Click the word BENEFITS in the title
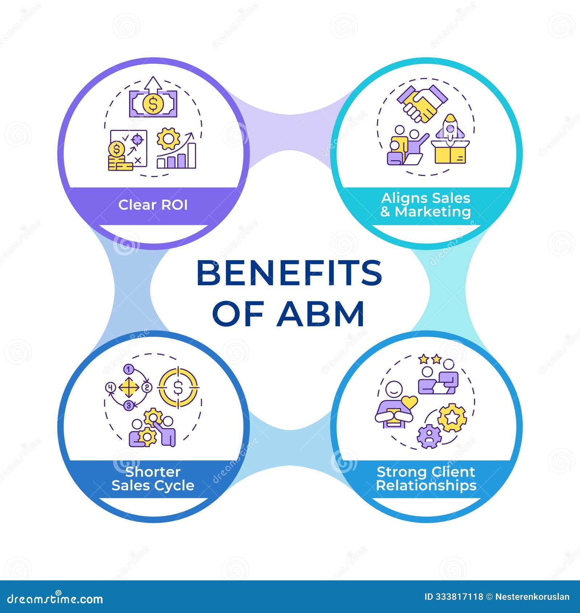coord(289,273)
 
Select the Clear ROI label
coord(153,205)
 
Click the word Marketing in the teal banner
coord(433,212)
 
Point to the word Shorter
coord(153,472)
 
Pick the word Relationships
coord(426,485)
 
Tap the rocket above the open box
coord(450,127)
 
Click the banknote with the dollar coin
coord(153,104)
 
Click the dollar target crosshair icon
coord(178,387)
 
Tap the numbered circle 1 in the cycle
coord(128,370)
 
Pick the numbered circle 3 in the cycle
coord(129,406)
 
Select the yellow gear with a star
coord(452,418)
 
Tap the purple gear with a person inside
coord(429,436)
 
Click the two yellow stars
coord(429,359)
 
